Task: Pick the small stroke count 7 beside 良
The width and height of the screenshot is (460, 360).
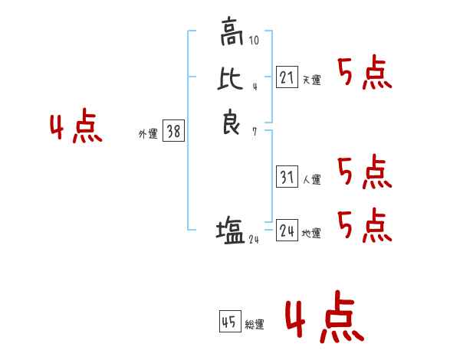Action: point(255,131)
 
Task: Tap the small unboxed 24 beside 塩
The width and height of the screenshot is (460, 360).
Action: point(254,240)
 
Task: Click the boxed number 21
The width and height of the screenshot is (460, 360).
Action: point(287,77)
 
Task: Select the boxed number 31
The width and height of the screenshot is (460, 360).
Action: point(287,177)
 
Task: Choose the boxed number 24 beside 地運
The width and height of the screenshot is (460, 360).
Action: point(287,230)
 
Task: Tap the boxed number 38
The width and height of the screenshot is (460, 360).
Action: point(173,132)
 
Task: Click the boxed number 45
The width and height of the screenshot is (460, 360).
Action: point(229,322)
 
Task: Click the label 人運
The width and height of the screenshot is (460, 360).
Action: point(311,180)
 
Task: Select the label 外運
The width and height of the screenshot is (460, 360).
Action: point(148,134)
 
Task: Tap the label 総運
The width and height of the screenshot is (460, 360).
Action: point(255,326)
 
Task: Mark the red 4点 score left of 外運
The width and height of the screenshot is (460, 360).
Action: point(76,128)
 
